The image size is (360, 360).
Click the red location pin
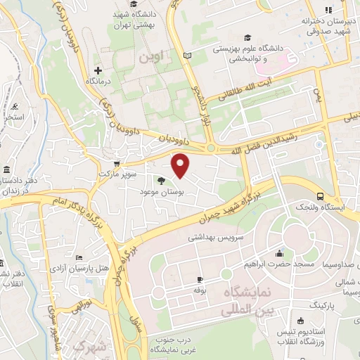click(x=181, y=165)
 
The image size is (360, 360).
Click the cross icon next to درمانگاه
click(x=98, y=70)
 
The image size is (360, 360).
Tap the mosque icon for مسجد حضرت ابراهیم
click(x=281, y=253)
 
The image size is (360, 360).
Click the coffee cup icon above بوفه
click(x=200, y=279)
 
